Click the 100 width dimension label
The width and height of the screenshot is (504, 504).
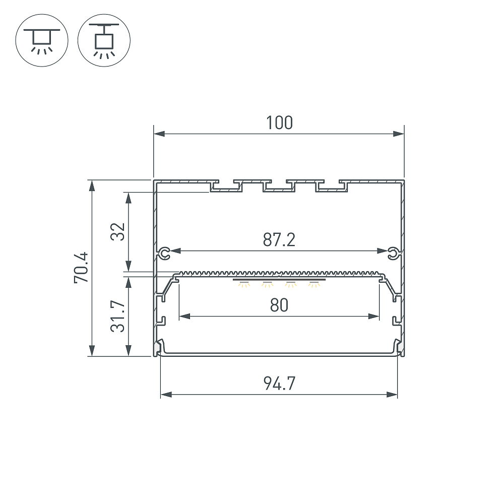pos(279,123)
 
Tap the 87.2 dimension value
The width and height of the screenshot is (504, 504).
pos(279,240)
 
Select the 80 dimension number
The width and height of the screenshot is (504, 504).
pos(279,305)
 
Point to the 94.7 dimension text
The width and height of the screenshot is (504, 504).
pos(279,384)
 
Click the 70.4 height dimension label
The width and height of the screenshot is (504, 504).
pos(81,268)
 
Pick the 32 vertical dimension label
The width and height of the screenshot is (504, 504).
pos(117,231)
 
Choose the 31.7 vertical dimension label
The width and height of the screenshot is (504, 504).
pos(117,316)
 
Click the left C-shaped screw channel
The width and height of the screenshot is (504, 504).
pos(164,254)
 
